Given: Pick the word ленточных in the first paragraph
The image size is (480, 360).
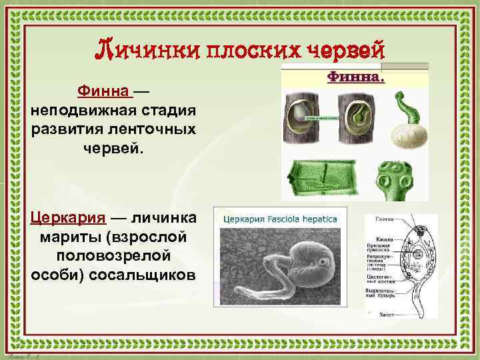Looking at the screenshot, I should (x=159, y=127).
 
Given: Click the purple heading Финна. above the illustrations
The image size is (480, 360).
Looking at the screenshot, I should (x=355, y=77).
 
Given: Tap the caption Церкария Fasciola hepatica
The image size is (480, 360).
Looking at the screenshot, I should (x=279, y=218).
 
